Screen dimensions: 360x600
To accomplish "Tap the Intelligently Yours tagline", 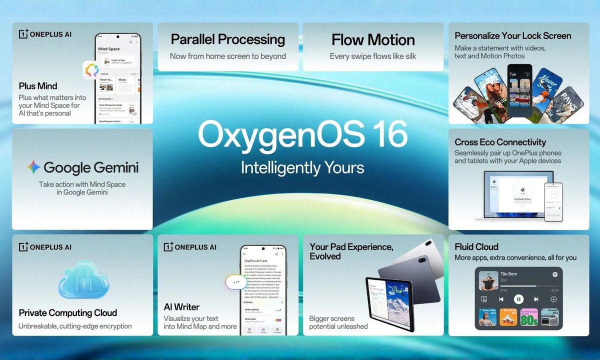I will pyautogui.click(x=302, y=167).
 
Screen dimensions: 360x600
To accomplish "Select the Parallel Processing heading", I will pyautogui.click(x=227, y=39).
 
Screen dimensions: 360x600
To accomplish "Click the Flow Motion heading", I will pyautogui.click(x=373, y=40).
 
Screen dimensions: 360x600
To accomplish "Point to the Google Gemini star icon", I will pyautogui.click(x=33, y=167).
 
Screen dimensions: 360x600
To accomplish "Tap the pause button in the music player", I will pyautogui.click(x=518, y=299).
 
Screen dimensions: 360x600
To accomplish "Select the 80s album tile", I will pyautogui.click(x=528, y=317).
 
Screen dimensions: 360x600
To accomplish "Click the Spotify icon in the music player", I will pyautogui.click(x=555, y=274).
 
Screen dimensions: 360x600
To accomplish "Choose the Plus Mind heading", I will pyautogui.click(x=38, y=86).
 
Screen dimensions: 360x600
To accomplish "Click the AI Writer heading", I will pyautogui.click(x=181, y=307).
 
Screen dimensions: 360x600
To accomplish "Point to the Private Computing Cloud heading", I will pyautogui.click(x=68, y=313).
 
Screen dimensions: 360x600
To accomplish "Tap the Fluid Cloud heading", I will pyautogui.click(x=476, y=247).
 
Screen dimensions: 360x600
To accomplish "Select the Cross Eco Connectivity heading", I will pyautogui.click(x=500, y=142).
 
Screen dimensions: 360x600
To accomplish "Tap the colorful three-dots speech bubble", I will pyautogui.click(x=236, y=281).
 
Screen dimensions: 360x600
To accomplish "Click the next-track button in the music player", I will pyautogui.click(x=536, y=299).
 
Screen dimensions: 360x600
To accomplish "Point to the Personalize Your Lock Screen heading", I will pyautogui.click(x=512, y=36).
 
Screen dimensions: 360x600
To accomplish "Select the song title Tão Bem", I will pyautogui.click(x=508, y=274).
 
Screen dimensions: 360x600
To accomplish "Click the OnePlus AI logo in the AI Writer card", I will pyautogui.click(x=190, y=247).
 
